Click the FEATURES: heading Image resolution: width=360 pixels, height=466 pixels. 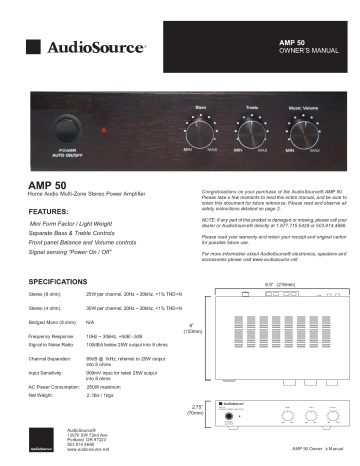[49, 212]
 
